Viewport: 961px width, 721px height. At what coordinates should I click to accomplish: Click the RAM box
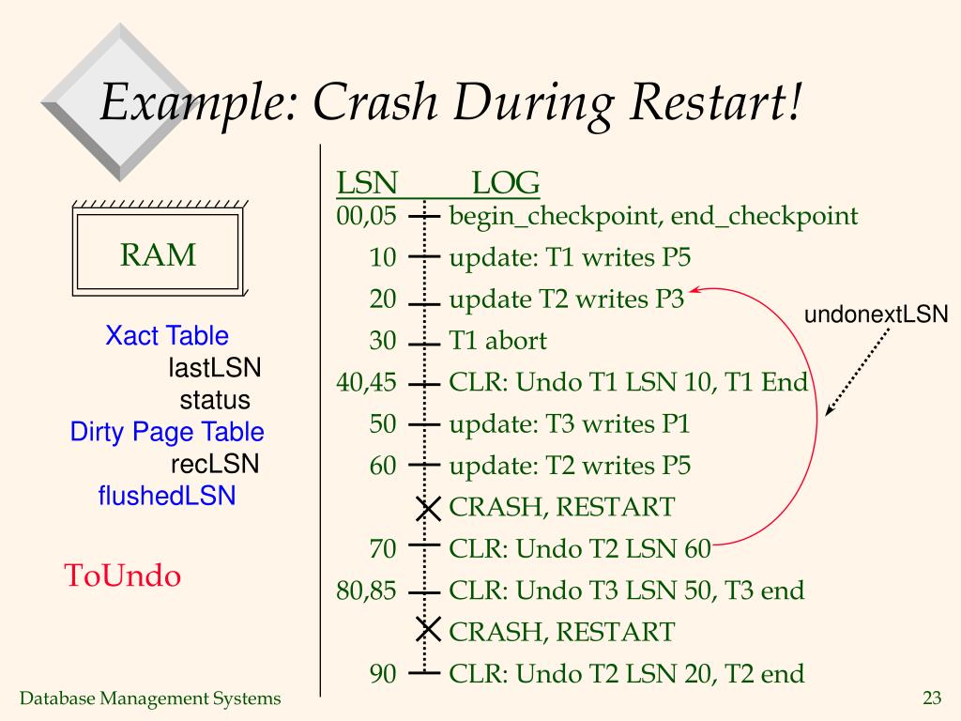tap(158, 254)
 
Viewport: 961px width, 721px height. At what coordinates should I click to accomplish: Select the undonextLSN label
tap(877, 314)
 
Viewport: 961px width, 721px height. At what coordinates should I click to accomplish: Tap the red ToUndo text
tap(122, 575)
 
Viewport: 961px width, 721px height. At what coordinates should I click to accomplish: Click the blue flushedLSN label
tap(167, 495)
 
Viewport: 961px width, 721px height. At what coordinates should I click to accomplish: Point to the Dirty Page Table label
tap(167, 432)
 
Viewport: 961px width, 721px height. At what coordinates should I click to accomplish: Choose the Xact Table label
tap(167, 335)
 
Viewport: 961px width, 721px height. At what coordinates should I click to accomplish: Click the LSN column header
tap(367, 182)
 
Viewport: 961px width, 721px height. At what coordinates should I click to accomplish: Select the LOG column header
tap(505, 182)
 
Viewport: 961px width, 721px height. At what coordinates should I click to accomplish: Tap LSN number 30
tap(383, 341)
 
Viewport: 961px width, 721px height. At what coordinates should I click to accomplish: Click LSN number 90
tap(383, 673)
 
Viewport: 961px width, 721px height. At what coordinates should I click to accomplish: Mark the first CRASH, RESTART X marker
tap(428, 509)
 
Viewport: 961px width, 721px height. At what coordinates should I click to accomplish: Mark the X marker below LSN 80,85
tap(428, 630)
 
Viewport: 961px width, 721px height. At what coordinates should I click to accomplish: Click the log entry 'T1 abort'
tap(497, 341)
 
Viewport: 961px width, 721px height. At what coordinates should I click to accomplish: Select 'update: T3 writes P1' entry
tap(570, 424)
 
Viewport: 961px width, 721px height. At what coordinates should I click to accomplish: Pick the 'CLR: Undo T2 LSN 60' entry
tap(580, 549)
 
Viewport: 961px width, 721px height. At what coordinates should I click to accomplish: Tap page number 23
tap(932, 698)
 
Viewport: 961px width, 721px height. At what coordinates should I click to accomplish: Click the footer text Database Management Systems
tap(151, 698)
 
